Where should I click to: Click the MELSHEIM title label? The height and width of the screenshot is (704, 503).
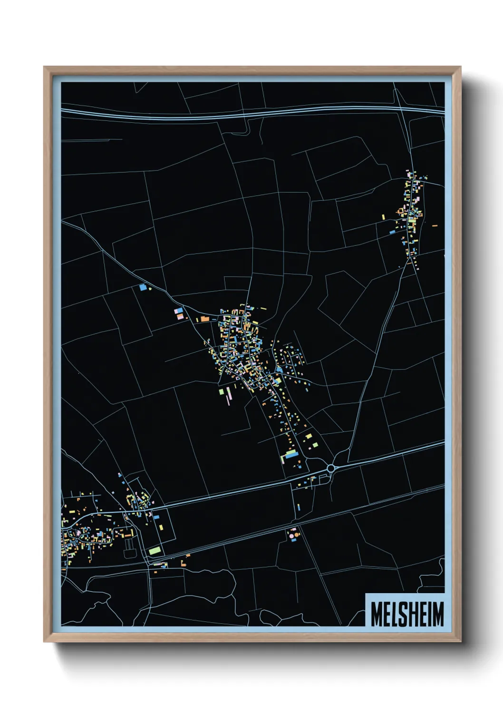(x=406, y=614)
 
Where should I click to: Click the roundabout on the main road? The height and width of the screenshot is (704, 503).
(x=331, y=469)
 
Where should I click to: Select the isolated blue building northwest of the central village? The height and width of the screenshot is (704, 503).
(x=142, y=287)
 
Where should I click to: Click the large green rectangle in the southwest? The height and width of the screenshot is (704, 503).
(x=155, y=550)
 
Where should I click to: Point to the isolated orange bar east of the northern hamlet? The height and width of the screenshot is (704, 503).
(x=435, y=225)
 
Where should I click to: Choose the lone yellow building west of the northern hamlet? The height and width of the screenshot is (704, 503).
(x=383, y=217)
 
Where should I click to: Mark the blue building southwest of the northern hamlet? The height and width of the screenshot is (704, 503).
(x=392, y=233)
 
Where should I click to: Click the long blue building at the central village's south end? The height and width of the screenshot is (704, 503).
(x=291, y=454)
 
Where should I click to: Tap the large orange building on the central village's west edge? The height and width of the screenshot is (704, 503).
(x=204, y=319)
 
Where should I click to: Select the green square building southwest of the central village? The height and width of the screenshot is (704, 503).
(x=221, y=391)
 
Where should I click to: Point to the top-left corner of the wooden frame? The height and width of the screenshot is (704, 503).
(x=44, y=67)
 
